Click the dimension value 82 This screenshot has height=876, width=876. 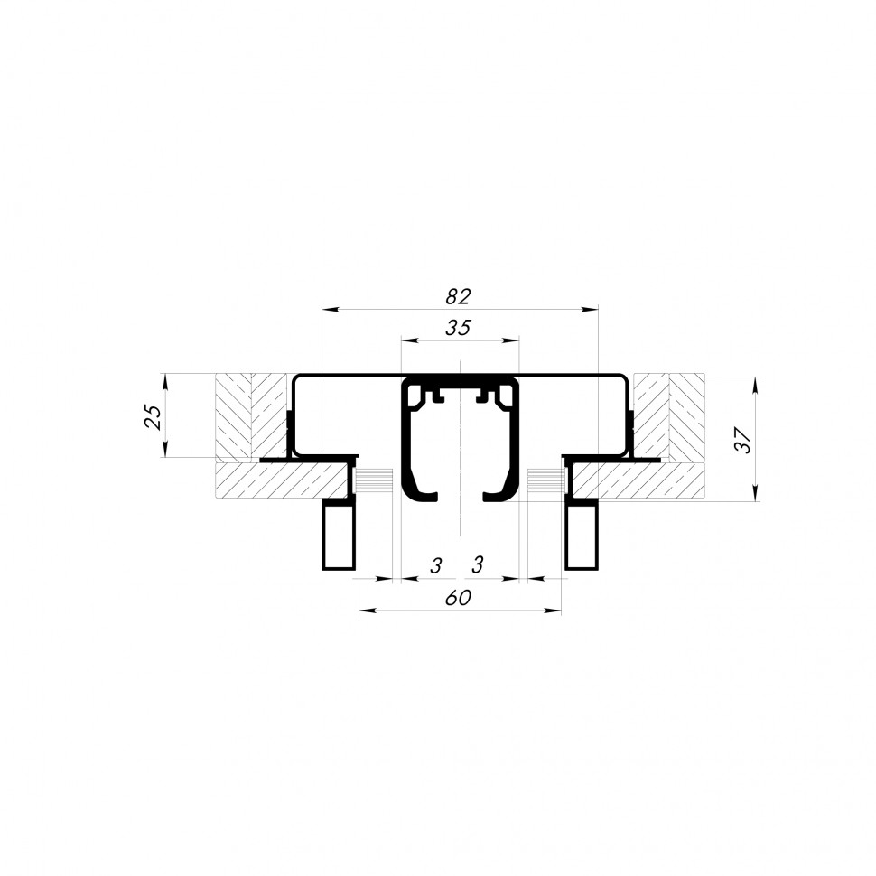(x=459, y=296)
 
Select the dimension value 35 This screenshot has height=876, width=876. (x=459, y=328)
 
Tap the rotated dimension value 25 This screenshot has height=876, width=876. (x=154, y=416)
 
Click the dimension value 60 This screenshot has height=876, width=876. (x=459, y=598)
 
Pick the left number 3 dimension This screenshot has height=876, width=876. (x=436, y=566)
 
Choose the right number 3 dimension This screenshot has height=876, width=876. (x=479, y=566)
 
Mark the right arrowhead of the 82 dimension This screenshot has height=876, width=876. (x=592, y=310)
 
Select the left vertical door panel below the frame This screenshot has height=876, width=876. (x=339, y=536)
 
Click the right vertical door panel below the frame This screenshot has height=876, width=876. (x=582, y=536)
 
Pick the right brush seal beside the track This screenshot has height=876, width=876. (x=544, y=480)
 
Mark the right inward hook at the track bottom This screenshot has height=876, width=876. (x=497, y=493)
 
